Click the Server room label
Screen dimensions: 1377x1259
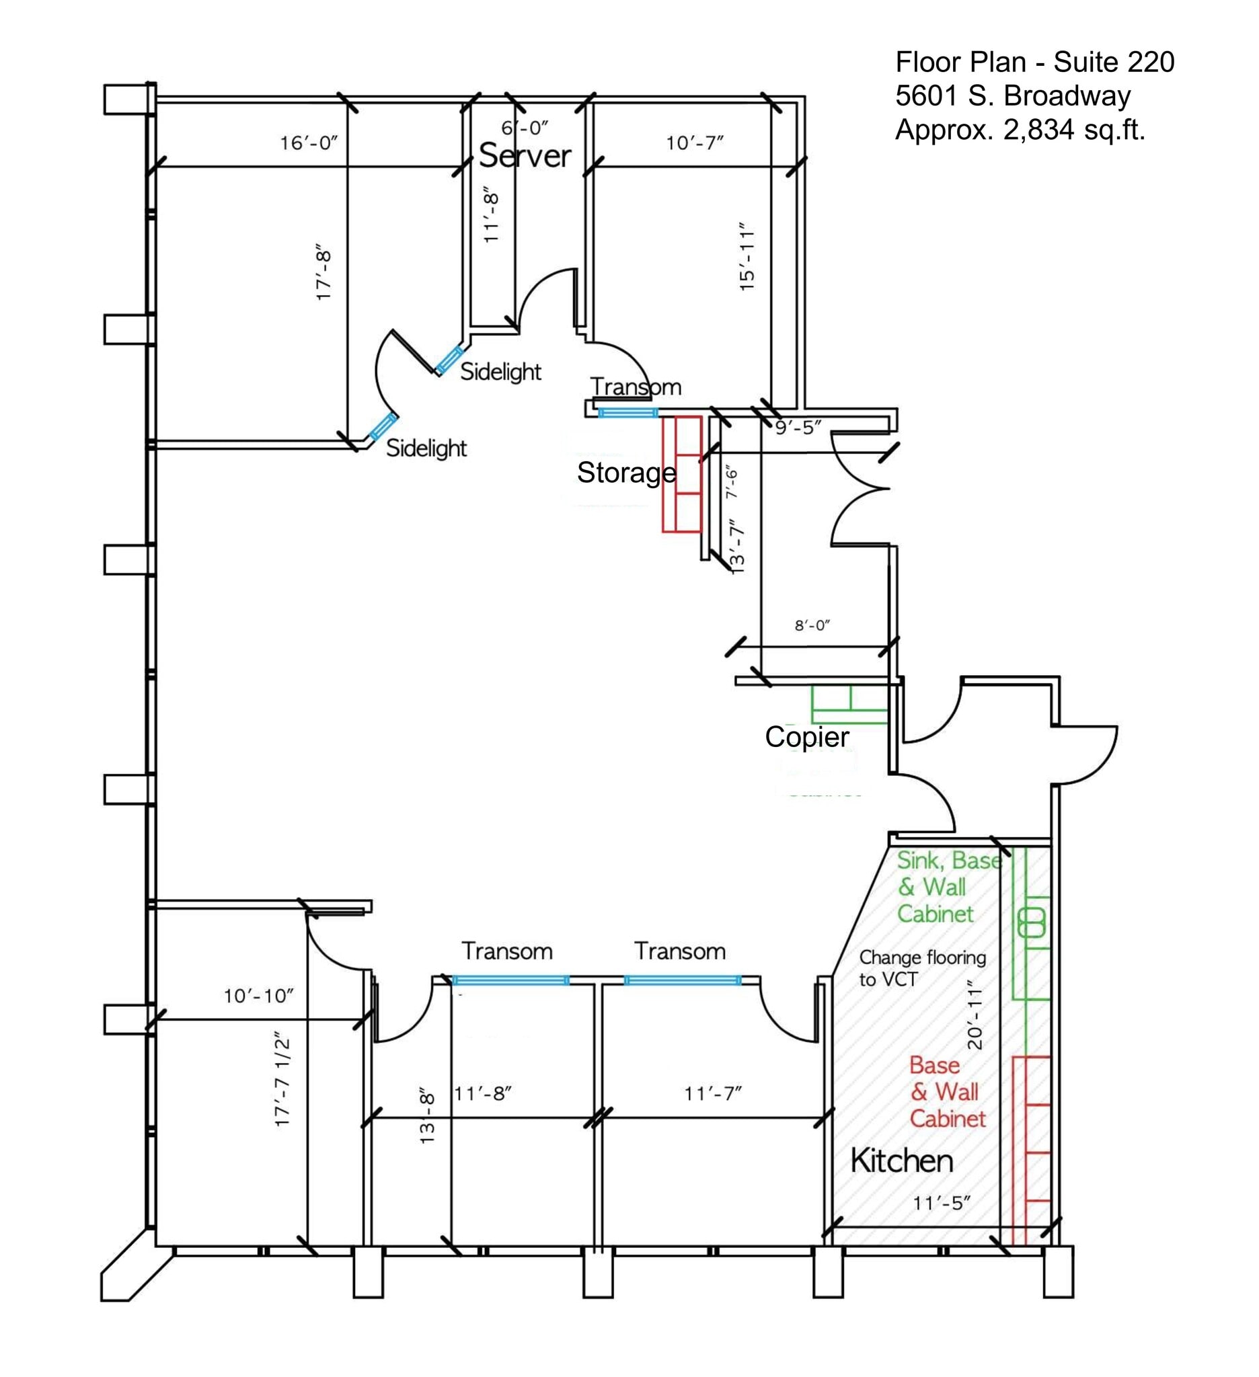click(525, 156)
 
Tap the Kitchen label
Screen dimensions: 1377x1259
click(901, 1160)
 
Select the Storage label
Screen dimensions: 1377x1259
click(625, 473)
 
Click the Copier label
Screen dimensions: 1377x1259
click(807, 736)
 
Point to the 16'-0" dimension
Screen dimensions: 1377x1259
click(309, 143)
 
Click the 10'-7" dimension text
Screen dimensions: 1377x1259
click(694, 143)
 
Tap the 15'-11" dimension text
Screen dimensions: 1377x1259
click(747, 256)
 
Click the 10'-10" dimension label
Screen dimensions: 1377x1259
click(258, 996)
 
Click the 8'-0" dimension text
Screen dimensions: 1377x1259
click(812, 625)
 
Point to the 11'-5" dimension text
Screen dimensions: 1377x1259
click(942, 1203)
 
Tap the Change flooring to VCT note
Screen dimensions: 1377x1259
click(921, 968)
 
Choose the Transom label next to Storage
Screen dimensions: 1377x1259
click(636, 387)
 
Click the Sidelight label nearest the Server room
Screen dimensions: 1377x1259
click(500, 372)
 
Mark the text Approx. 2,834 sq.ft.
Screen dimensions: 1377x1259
click(1020, 129)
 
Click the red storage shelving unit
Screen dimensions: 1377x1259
click(682, 474)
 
